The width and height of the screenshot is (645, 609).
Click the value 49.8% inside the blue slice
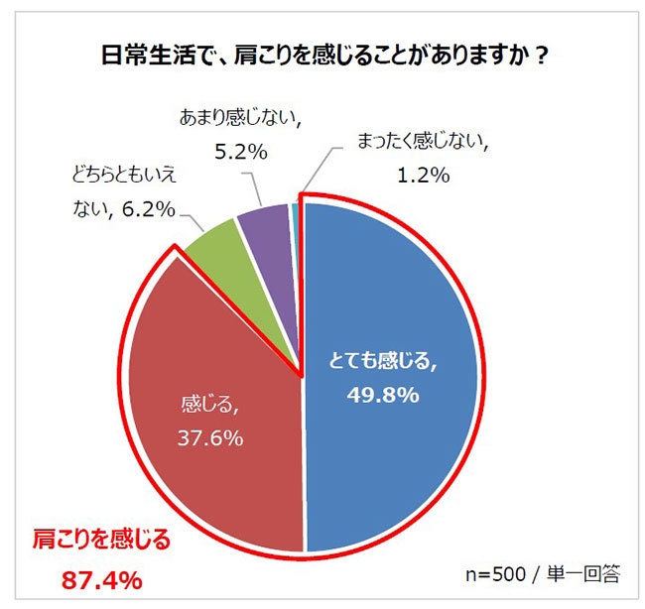pyautogui.click(x=382, y=395)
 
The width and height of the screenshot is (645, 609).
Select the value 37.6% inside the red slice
pyautogui.click(x=206, y=437)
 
